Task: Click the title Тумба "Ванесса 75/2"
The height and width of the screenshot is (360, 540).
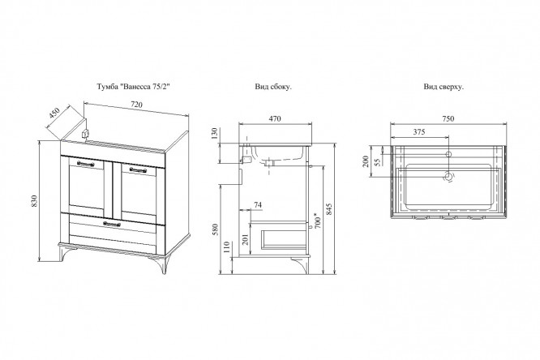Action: (x=133, y=87)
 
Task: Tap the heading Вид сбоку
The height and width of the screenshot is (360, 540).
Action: (x=273, y=87)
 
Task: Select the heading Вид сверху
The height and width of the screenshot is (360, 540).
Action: (x=444, y=87)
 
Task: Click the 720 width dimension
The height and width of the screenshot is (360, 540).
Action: (x=136, y=105)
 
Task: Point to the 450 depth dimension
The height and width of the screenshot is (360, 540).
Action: (x=55, y=113)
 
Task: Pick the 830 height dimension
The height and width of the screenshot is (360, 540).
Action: (x=34, y=201)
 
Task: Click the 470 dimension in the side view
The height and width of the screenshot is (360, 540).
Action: (x=275, y=119)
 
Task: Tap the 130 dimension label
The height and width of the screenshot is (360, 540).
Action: (x=215, y=133)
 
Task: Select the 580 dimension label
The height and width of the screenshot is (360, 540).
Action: (x=215, y=229)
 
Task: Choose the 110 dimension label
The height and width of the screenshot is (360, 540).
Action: (x=226, y=247)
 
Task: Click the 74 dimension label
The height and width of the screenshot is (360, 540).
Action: (x=258, y=205)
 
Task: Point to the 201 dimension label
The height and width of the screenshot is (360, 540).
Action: (x=246, y=239)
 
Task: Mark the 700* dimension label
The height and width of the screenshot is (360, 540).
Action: (x=318, y=221)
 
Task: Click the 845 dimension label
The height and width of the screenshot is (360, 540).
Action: (x=328, y=209)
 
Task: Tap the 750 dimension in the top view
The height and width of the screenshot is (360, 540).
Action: (x=448, y=119)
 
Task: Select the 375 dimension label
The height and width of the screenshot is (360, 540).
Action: (x=419, y=132)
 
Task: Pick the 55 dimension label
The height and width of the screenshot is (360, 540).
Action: (x=378, y=162)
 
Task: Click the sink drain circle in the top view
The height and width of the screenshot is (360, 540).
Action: (x=448, y=177)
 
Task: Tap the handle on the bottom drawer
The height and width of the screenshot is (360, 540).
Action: (x=112, y=224)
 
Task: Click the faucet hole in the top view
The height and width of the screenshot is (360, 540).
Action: (x=448, y=154)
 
